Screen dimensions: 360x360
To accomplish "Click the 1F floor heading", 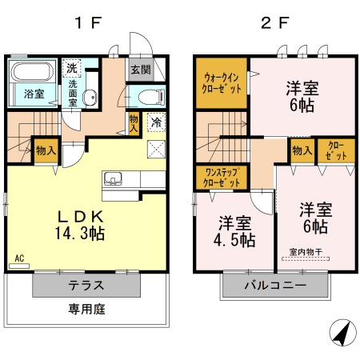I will tap(87, 22).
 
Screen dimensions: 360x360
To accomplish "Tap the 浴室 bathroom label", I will tap(34, 94).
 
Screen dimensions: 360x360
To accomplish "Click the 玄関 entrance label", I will tap(140, 70).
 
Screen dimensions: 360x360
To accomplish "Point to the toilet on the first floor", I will tap(148, 98).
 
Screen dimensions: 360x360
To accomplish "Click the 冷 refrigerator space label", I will tap(157, 122).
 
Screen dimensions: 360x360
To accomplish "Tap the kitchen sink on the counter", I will tap(113, 178).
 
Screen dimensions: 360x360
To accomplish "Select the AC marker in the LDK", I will tap(19, 259).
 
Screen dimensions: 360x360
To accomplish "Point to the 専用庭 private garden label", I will tap(86, 309).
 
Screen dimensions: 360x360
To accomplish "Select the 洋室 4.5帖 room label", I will tap(235, 230).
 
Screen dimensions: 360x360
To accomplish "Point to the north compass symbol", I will tap(343, 332).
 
